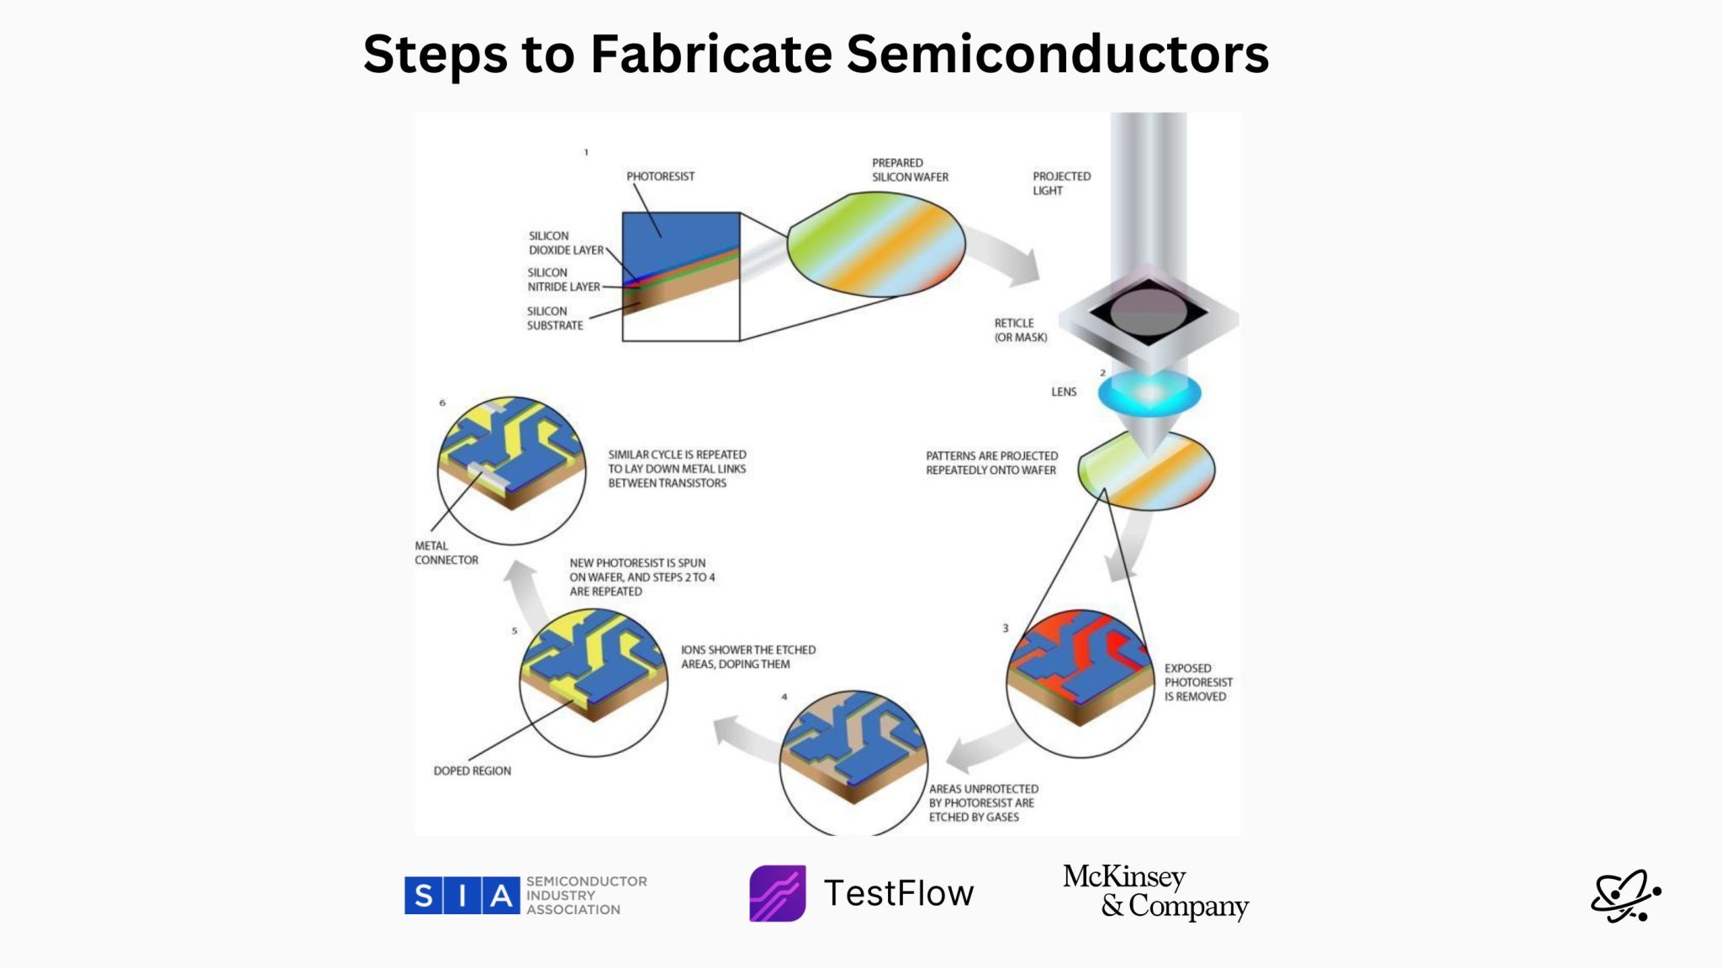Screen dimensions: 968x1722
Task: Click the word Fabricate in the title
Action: pyautogui.click(x=710, y=55)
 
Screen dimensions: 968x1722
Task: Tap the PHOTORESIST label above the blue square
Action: pyautogui.click(x=660, y=176)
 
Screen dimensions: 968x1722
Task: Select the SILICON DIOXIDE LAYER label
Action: pyautogui.click(x=565, y=243)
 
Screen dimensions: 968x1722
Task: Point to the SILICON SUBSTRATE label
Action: pyautogui.click(x=554, y=318)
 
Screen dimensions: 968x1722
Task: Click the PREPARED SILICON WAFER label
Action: pyautogui.click(x=909, y=170)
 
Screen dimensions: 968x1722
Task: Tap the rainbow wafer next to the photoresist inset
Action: pyautogui.click(x=876, y=245)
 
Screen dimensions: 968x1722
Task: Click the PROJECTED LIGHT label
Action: pyautogui.click(x=1061, y=183)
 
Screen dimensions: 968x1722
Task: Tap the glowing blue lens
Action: pyautogui.click(x=1149, y=393)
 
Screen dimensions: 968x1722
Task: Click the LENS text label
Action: pyautogui.click(x=1063, y=392)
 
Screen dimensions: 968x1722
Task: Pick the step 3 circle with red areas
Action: pyautogui.click(x=1080, y=682)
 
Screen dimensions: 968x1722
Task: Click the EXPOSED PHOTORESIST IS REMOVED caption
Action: pyautogui.click(x=1197, y=682)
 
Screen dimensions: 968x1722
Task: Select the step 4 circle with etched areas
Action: pyautogui.click(x=853, y=760)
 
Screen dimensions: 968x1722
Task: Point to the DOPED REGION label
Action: pyautogui.click(x=472, y=771)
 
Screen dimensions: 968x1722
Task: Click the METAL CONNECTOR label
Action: pyautogui.click(x=446, y=553)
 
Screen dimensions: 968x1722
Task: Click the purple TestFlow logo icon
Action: pyautogui.click(x=777, y=893)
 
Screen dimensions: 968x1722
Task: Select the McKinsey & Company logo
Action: pyautogui.click(x=1155, y=892)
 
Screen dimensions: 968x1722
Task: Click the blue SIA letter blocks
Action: pyautogui.click(x=462, y=896)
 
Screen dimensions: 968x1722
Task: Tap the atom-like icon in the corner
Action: pyautogui.click(x=1624, y=896)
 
